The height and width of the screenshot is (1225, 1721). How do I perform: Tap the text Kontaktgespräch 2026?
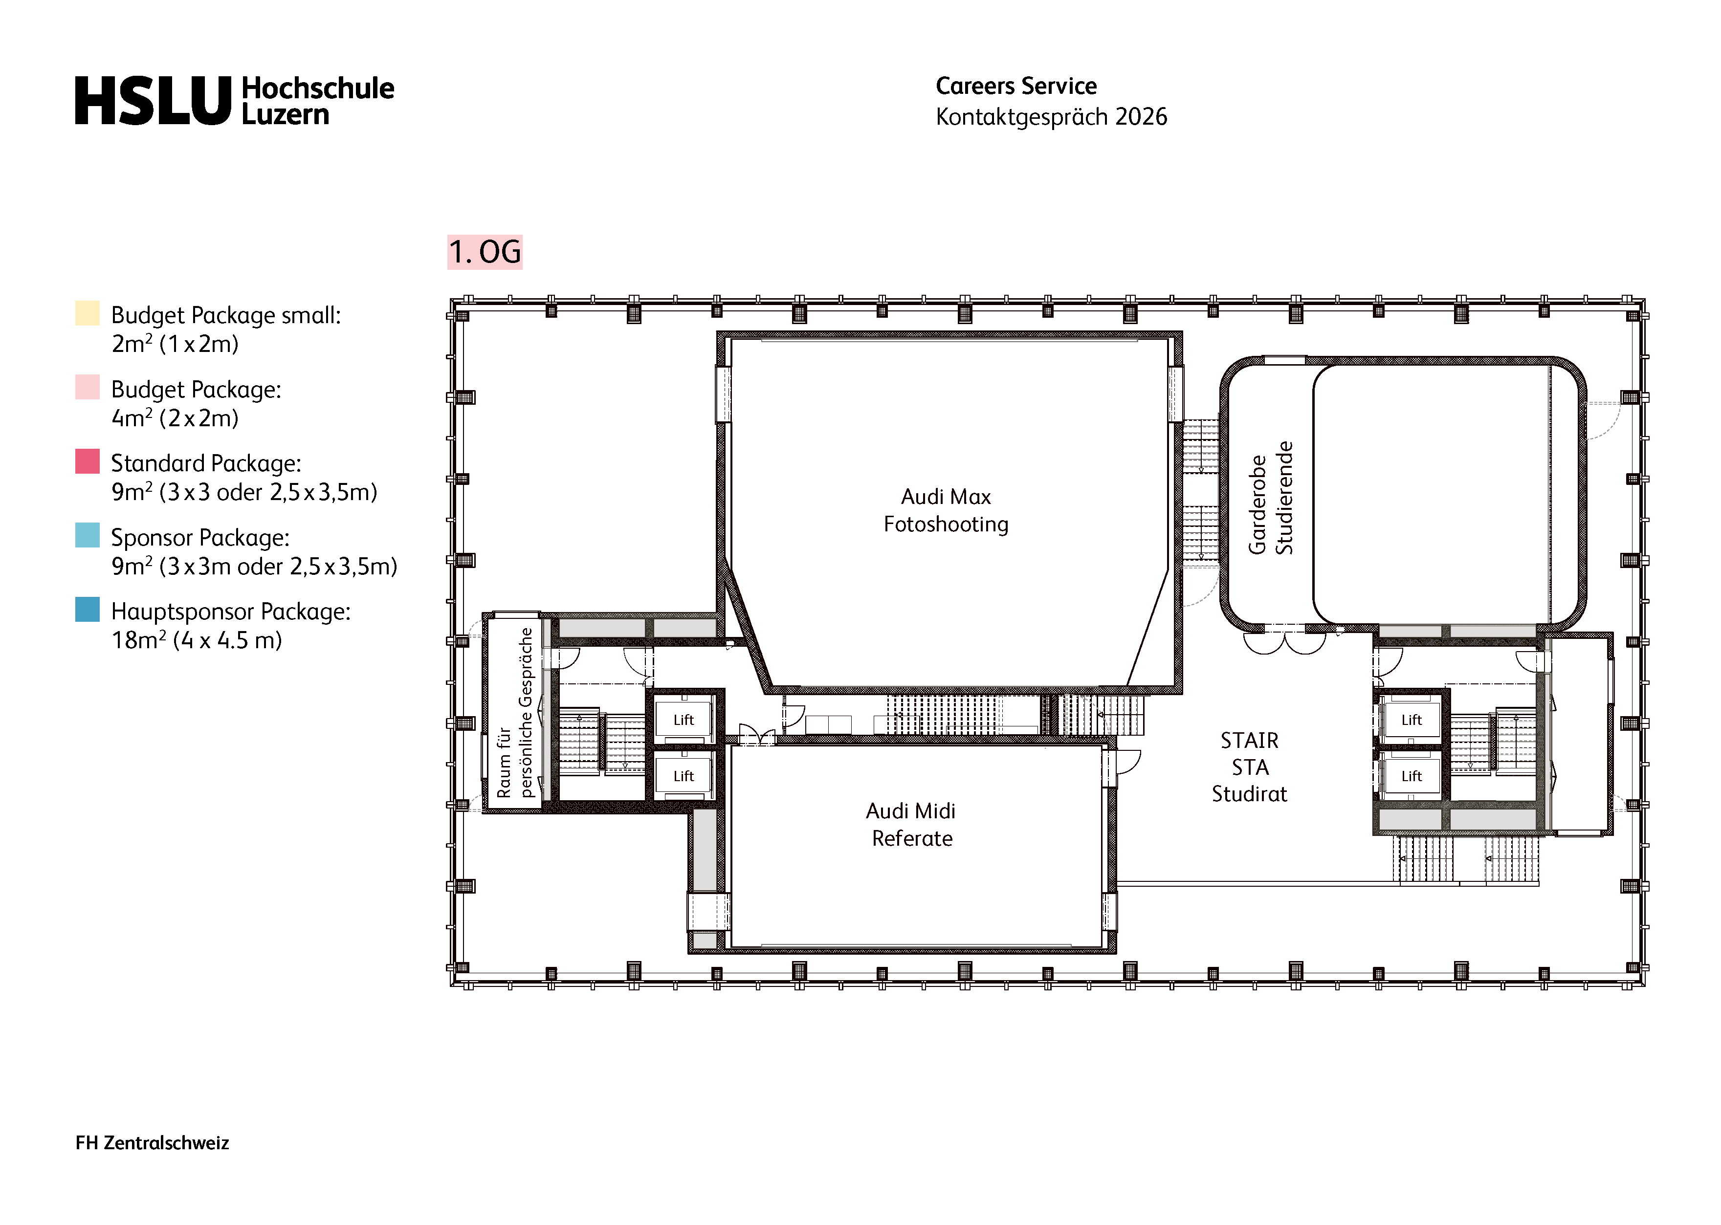1051,117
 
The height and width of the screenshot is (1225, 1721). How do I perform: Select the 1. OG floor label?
485,252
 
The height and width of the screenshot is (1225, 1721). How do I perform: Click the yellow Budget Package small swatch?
88,313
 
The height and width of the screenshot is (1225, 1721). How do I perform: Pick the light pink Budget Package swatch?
88,387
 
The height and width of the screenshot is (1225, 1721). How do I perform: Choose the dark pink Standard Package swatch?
88,461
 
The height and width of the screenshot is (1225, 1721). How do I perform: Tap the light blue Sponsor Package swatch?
88,535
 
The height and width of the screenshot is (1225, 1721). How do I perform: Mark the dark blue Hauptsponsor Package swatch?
88,610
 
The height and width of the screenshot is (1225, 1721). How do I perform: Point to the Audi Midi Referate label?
911,825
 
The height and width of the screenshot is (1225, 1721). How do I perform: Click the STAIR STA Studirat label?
1250,767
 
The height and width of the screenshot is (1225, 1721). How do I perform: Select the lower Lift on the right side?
1411,776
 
